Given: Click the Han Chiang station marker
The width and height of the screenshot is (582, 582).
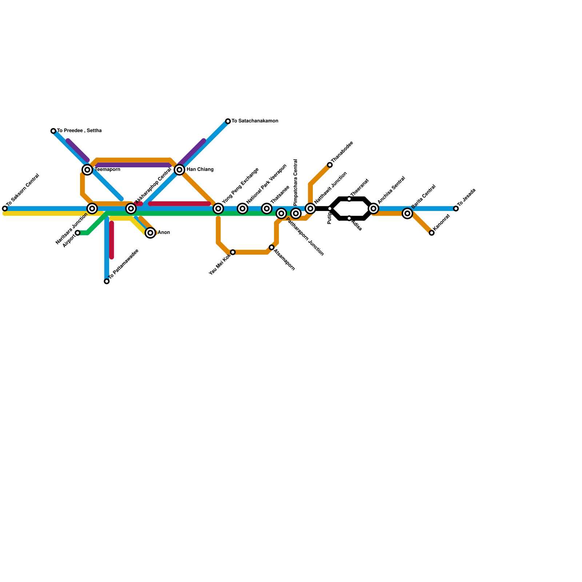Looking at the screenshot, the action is (x=179, y=170).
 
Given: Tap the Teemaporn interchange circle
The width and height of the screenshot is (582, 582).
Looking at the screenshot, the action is (x=87, y=170).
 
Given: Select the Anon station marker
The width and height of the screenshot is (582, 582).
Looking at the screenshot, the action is (x=150, y=233).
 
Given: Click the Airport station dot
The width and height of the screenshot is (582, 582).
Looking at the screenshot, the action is (x=77, y=233).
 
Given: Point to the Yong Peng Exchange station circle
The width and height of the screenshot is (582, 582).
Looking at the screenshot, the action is (x=218, y=208).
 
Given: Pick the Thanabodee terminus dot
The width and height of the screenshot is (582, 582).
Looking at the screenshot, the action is (x=330, y=165).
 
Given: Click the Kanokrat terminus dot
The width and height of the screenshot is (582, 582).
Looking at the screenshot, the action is (x=432, y=233).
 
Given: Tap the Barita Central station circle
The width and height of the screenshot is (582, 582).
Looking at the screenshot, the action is (x=407, y=214).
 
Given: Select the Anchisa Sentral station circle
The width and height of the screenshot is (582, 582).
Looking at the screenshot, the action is (x=374, y=208).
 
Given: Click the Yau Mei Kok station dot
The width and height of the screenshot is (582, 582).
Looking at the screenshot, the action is (x=233, y=252).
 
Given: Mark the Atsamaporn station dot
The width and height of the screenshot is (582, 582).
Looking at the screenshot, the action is (x=272, y=247).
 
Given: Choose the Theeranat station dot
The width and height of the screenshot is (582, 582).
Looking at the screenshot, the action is (x=349, y=199).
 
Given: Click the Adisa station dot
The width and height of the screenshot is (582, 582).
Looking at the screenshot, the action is (x=349, y=218).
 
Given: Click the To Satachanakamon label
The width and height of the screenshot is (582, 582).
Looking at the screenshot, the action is (x=255, y=121).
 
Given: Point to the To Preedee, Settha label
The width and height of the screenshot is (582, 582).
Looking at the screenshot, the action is (x=79, y=131).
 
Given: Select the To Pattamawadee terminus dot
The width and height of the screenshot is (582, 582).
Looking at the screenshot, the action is (x=107, y=281).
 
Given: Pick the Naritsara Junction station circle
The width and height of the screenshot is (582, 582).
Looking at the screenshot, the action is (x=92, y=208).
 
